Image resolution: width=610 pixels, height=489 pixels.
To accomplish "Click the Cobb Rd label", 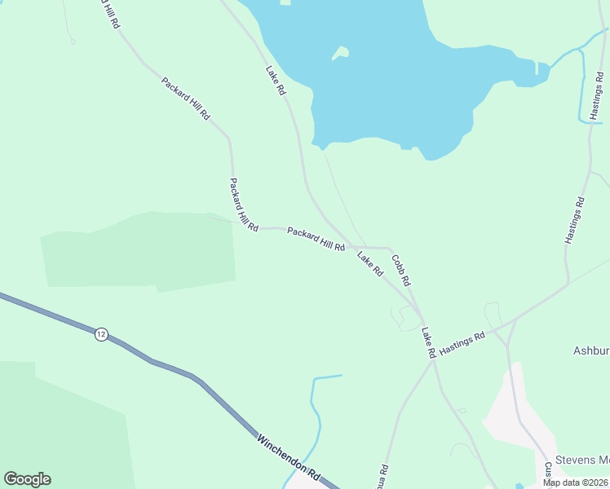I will pyautogui.click(x=400, y=269).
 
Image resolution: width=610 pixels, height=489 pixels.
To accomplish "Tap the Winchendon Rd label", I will pyautogui.click(x=288, y=456).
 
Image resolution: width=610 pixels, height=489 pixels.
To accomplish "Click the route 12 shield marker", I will pyautogui.click(x=100, y=335).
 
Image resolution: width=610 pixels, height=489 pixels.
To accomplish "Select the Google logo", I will pyautogui.click(x=27, y=479).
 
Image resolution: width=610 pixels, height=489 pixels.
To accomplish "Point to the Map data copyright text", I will pyautogui.click(x=576, y=482).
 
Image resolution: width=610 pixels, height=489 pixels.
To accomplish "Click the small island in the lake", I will pyautogui.click(x=340, y=54).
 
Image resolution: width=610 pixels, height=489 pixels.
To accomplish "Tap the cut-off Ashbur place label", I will pyautogui.click(x=590, y=350).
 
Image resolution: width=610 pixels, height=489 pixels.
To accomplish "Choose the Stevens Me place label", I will pyautogui.click(x=582, y=460).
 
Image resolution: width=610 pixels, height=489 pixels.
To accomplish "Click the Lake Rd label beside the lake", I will pyautogui.click(x=276, y=81).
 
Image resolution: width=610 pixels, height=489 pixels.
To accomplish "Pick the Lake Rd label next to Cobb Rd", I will pyautogui.click(x=370, y=264).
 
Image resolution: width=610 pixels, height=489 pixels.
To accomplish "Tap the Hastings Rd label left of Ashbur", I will pyautogui.click(x=462, y=341).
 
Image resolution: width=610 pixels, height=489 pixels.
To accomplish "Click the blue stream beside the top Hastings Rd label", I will pyautogui.click(x=581, y=81).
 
